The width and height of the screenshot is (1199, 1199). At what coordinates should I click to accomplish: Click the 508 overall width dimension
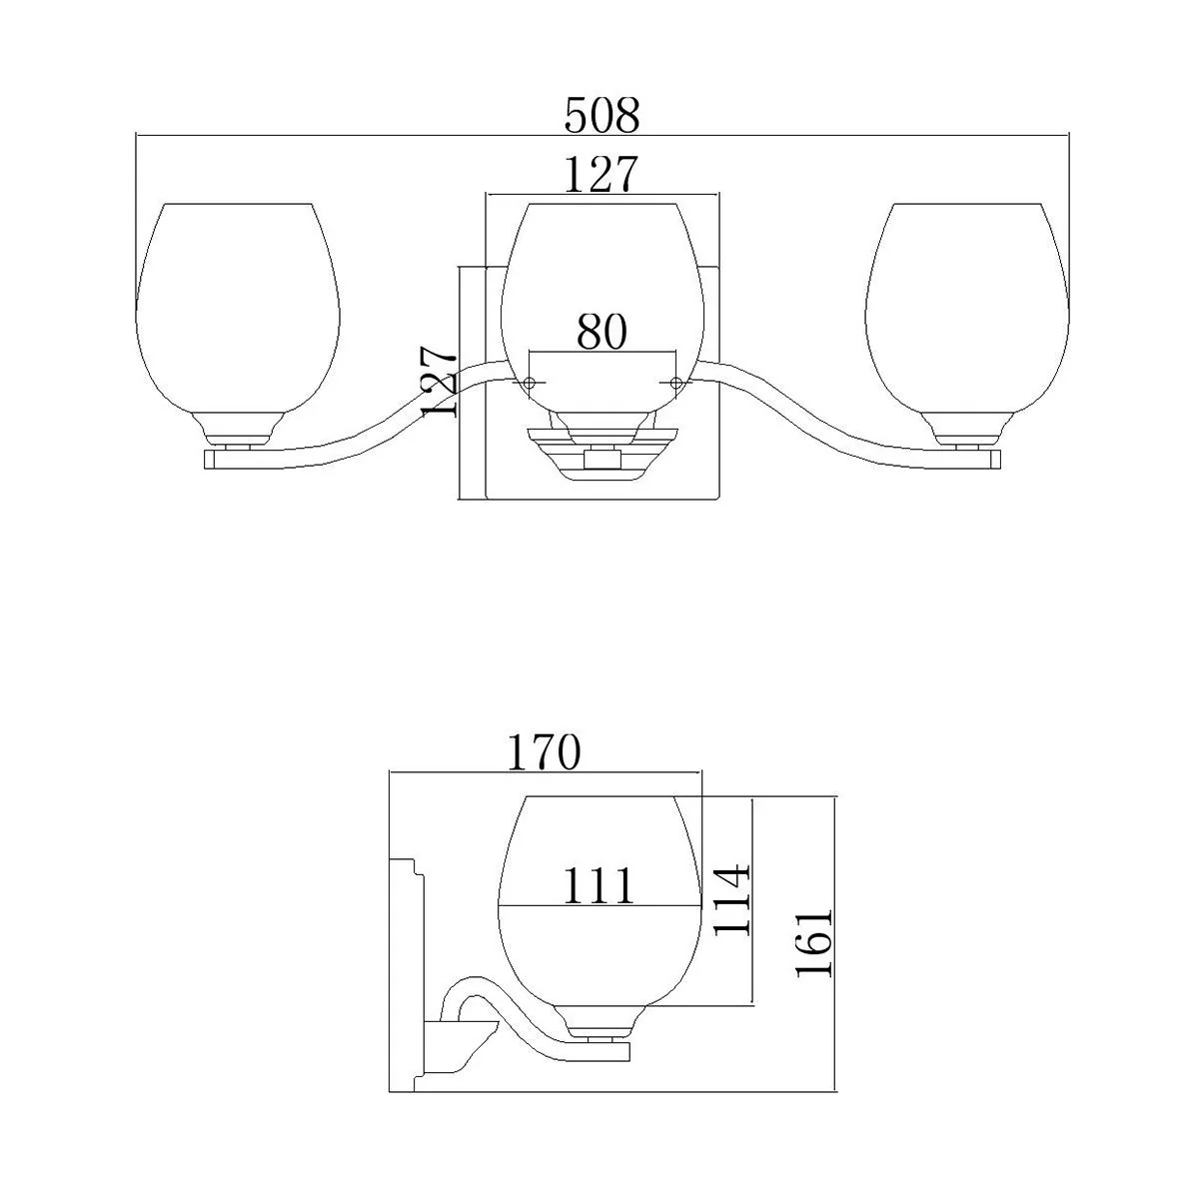(601, 116)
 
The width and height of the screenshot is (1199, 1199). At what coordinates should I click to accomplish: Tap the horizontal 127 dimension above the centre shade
(601, 174)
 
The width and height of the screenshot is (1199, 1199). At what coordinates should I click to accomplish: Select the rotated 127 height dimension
(440, 382)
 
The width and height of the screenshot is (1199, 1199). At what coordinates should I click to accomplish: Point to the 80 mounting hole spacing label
(601, 332)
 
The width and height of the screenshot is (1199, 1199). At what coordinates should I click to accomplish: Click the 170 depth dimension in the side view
(544, 752)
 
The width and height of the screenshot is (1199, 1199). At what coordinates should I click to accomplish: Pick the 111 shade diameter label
(599, 885)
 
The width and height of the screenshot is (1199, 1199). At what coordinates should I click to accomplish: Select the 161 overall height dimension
(814, 943)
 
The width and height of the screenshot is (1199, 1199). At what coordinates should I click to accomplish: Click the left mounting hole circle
(529, 383)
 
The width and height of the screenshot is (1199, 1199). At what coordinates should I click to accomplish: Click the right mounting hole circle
(675, 382)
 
